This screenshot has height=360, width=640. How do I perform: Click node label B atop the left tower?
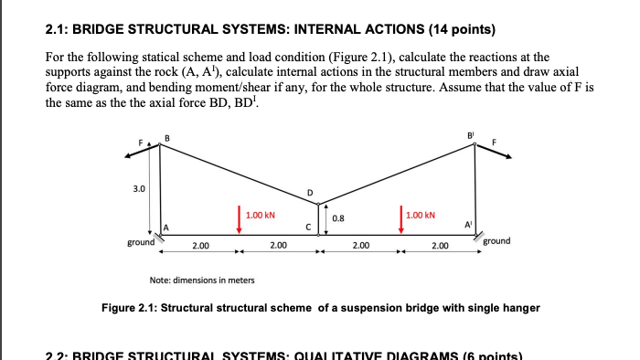(166, 137)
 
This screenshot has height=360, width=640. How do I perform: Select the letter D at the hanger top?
(309, 192)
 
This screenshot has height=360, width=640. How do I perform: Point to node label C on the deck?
(309, 226)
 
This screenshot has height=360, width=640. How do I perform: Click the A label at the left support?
(166, 227)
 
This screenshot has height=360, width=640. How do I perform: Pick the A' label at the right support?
(466, 226)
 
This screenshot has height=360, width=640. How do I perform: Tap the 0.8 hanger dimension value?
(338, 218)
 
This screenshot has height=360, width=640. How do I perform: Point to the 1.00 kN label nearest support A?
(261, 216)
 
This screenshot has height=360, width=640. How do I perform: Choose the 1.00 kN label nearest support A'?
(421, 216)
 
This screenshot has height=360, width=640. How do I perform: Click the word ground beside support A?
(141, 243)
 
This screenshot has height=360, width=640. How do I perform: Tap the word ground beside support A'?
(497, 241)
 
